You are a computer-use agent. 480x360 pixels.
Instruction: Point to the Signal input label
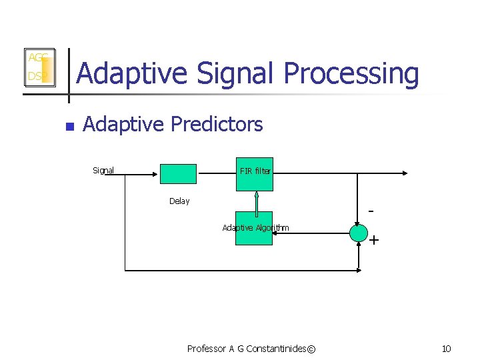[103, 171]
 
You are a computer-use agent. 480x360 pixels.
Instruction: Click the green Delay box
[178, 173]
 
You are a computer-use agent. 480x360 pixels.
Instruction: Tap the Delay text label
[179, 201]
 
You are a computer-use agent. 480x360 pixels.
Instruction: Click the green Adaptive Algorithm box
[253, 228]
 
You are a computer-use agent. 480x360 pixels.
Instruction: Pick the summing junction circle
[358, 233]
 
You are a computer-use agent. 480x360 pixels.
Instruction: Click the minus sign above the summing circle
[371, 211]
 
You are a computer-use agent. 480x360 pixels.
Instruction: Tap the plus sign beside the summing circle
[374, 240]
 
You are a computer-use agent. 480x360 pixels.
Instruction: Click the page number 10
[446, 349]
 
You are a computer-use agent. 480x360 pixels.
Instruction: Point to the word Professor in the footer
[207, 349]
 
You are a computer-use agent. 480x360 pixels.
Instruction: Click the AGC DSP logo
[39, 67]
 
